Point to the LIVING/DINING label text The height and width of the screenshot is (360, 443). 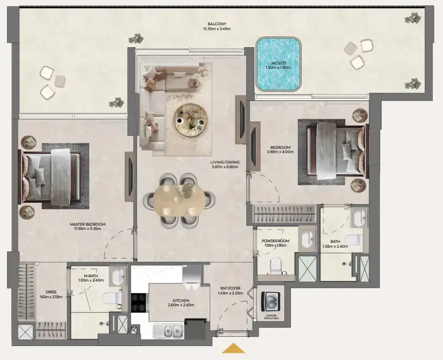(225, 162)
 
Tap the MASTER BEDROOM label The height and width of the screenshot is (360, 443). (88, 224)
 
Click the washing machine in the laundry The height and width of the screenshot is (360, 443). (269, 301)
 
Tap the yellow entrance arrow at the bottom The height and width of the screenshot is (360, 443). (234, 348)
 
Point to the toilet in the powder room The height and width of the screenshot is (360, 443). (275, 264)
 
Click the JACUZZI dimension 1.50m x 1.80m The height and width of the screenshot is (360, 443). (277, 68)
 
